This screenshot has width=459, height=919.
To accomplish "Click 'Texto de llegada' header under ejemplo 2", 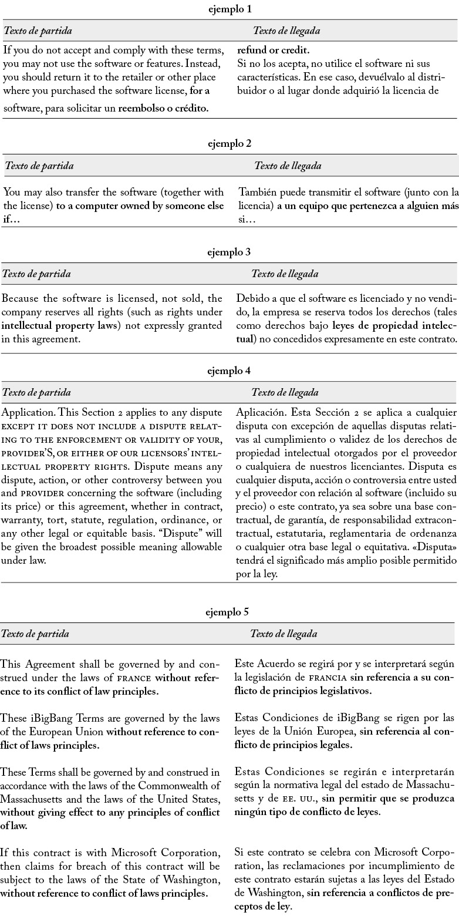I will click(288, 166).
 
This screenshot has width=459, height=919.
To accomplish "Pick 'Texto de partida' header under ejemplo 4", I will click(37, 392).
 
